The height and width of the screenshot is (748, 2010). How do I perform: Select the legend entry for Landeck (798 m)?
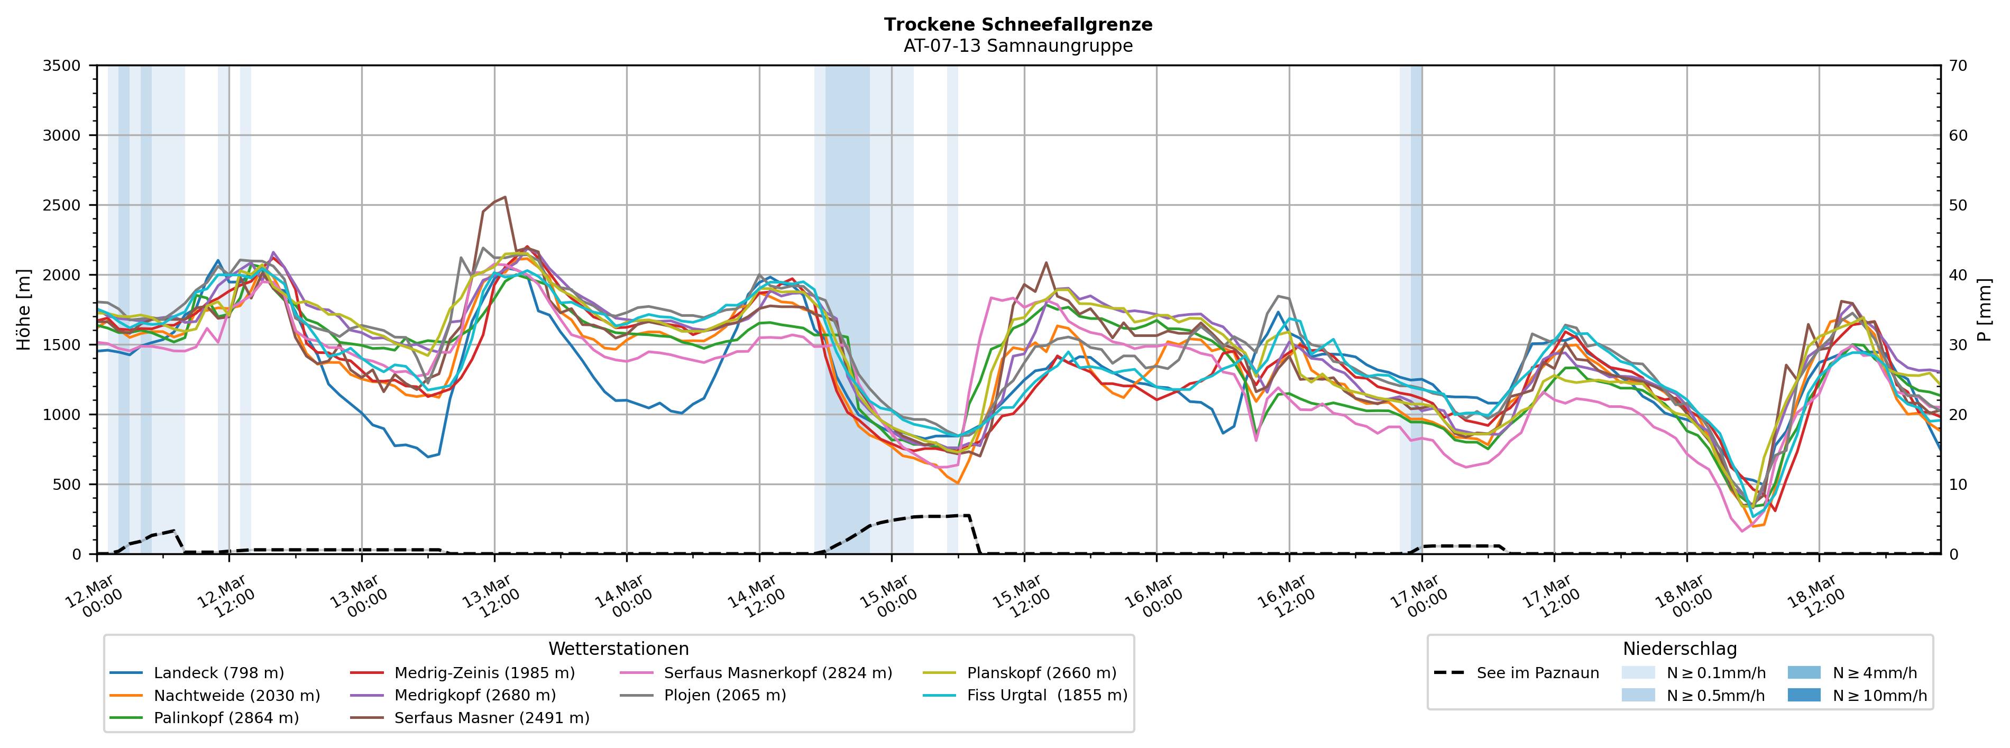[x=218, y=673]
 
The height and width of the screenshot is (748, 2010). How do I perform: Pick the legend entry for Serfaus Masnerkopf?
[x=777, y=673]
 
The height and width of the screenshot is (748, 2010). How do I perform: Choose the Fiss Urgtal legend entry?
[x=1047, y=696]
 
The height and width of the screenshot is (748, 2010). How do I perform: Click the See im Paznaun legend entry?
[x=1537, y=673]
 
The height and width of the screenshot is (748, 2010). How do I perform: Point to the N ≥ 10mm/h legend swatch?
[x=1804, y=695]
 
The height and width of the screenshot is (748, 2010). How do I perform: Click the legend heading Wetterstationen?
[x=618, y=649]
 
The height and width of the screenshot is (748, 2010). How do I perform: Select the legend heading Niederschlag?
[x=1679, y=649]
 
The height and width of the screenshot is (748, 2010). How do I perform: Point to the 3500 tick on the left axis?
[x=62, y=66]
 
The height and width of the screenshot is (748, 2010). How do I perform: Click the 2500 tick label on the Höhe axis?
[x=62, y=205]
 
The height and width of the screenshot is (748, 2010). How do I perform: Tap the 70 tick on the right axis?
[x=1959, y=66]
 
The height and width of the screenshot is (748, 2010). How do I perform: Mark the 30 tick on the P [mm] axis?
[x=1959, y=345]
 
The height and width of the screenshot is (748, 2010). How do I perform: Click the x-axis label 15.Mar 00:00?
[x=889, y=597]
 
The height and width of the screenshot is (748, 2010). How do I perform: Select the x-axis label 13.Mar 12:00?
[x=492, y=597]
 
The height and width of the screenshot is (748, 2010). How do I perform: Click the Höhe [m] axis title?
[x=23, y=310]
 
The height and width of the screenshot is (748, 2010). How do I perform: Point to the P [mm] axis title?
[x=1986, y=310]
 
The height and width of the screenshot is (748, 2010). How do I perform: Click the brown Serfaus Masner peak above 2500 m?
[x=505, y=197]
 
